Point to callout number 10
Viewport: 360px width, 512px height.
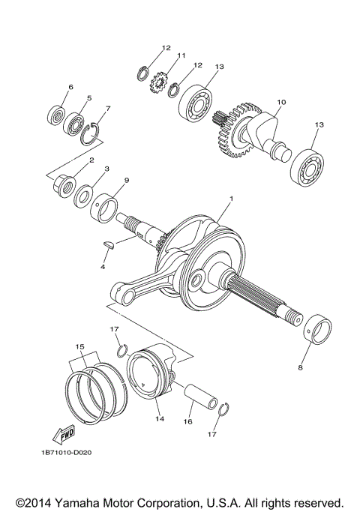[x=281, y=101]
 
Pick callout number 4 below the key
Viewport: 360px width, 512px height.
[x=103, y=266]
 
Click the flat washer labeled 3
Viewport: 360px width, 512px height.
[x=85, y=196]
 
